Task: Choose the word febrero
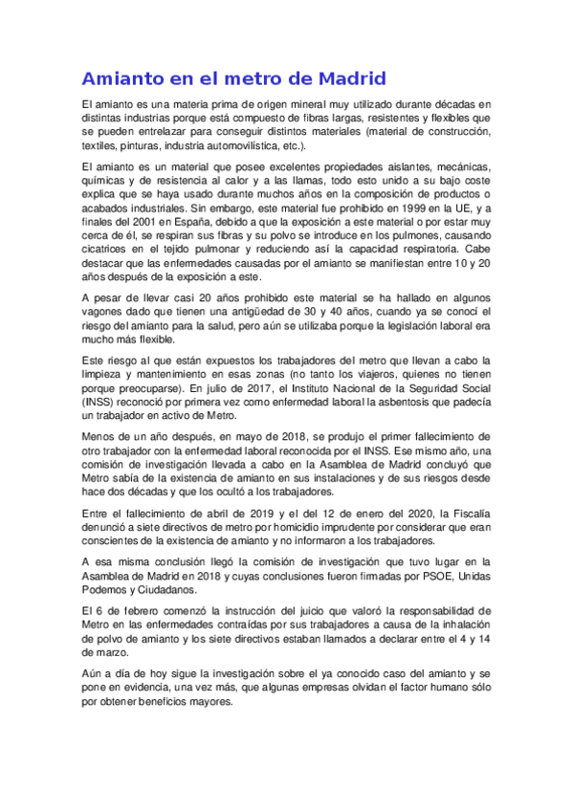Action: (x=127, y=609)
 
